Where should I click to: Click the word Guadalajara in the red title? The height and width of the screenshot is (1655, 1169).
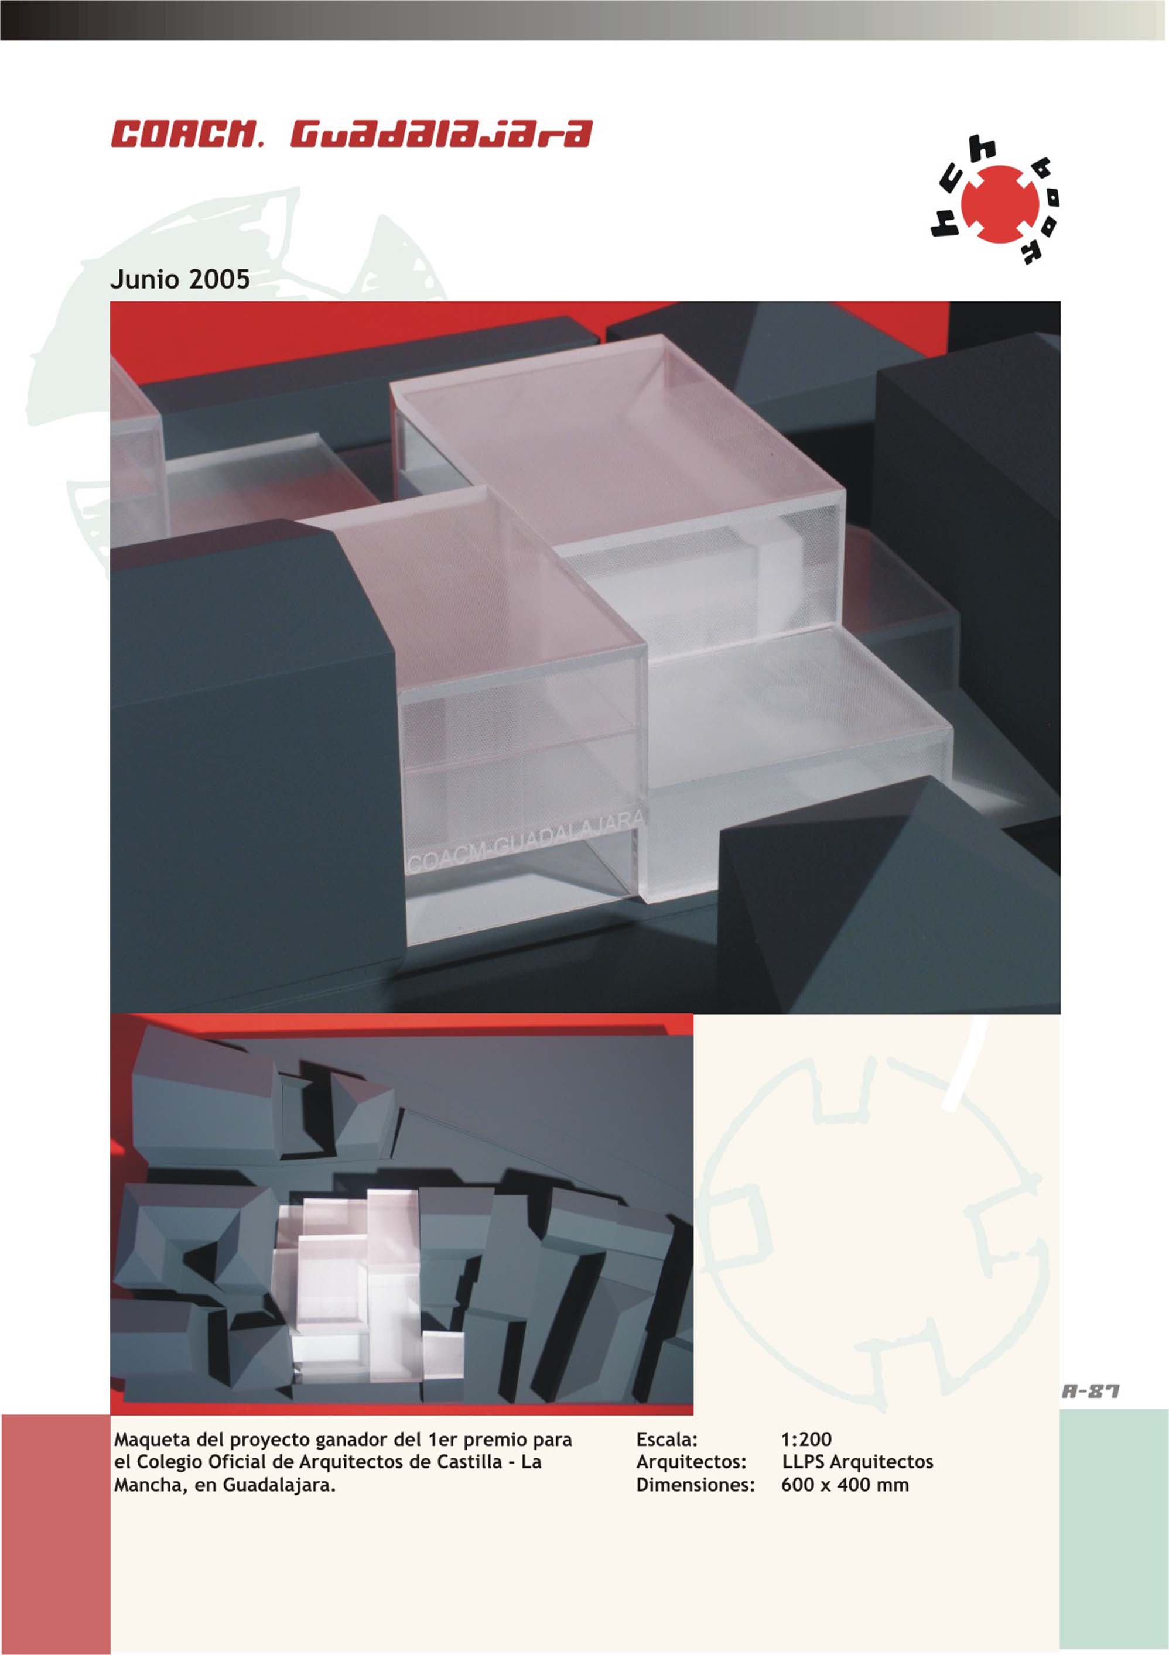coord(440,135)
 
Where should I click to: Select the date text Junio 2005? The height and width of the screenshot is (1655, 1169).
coord(180,279)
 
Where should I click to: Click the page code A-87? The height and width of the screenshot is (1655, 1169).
coord(1091,1391)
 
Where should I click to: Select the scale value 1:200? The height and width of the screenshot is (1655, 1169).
coord(806,1440)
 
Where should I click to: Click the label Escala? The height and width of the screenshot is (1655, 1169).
coord(667,1440)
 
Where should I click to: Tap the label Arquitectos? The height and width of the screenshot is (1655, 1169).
coord(692,1462)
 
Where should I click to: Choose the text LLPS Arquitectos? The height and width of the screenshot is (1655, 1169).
coord(857,1462)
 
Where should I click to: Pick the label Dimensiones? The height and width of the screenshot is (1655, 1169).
coord(695,1485)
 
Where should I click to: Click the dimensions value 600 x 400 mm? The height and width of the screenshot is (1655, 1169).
coord(845,1485)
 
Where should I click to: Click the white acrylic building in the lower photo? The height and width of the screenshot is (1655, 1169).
coord(368,1287)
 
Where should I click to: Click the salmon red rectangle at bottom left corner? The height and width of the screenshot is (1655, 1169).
coord(56,1534)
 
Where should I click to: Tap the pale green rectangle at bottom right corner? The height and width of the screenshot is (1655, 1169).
coord(1114,1531)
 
